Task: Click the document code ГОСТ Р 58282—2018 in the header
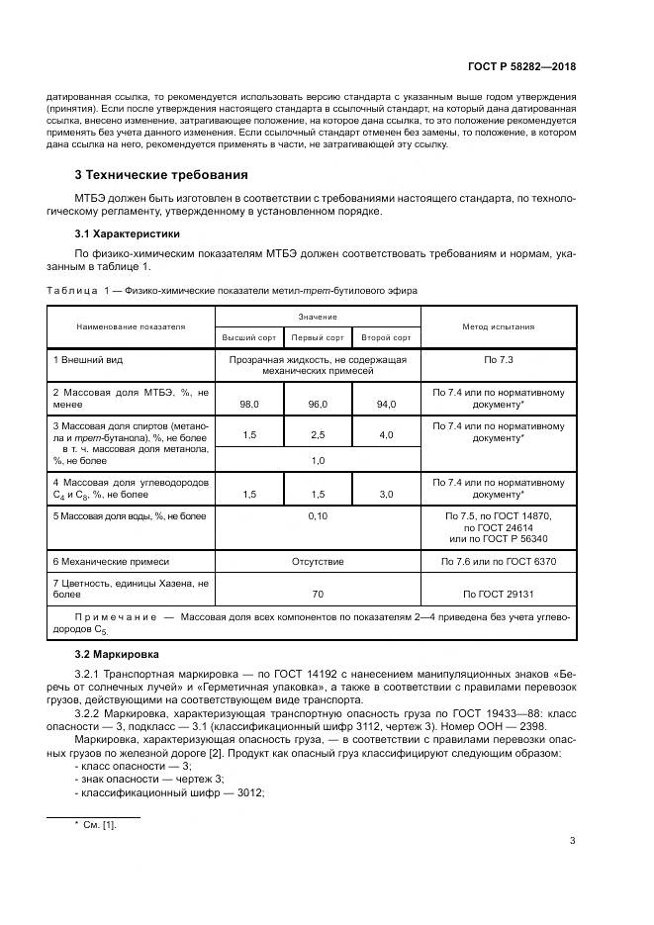point(521,66)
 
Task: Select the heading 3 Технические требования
point(161,175)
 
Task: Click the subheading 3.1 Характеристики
point(128,234)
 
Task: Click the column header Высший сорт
point(249,337)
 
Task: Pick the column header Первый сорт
point(318,337)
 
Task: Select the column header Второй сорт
point(386,337)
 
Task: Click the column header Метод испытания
point(499,326)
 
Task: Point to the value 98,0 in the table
point(249,405)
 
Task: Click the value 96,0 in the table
point(318,405)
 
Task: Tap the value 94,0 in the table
point(386,405)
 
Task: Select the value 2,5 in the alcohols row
point(318,435)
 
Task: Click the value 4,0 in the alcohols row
point(386,435)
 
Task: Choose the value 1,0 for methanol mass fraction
point(318,461)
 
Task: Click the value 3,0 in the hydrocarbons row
point(386,494)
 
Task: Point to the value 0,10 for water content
point(318,516)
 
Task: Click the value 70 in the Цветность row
point(318,594)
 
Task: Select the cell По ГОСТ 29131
point(499,594)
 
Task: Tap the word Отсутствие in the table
point(318,561)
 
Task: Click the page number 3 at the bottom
point(572,842)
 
